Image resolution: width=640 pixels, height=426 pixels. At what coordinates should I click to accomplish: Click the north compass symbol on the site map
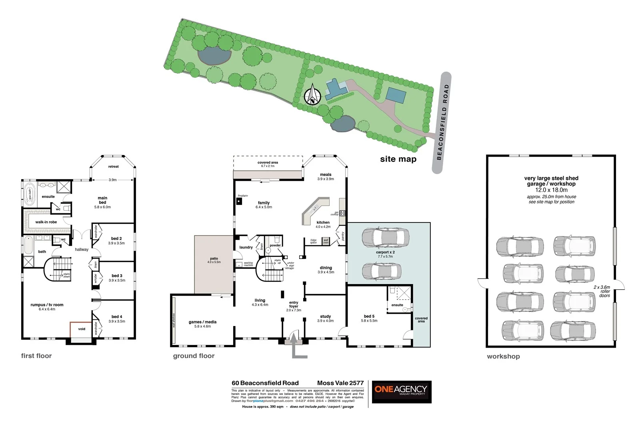click(312, 96)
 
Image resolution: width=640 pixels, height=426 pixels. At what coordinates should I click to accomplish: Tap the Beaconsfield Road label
click(442, 122)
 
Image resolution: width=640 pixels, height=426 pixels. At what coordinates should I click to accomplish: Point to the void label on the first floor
click(82, 329)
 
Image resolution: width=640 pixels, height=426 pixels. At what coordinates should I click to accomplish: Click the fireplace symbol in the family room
click(239, 201)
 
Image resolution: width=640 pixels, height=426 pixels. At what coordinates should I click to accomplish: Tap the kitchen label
click(323, 223)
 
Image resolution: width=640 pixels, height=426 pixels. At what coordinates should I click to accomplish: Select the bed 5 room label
click(369, 316)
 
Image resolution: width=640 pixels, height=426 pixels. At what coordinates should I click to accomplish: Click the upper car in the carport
click(385, 238)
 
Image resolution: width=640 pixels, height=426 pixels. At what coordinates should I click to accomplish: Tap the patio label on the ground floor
click(214, 259)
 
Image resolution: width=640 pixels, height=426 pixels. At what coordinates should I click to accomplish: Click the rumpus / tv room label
click(47, 305)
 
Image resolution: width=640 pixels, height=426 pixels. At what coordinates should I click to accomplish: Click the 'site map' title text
click(398, 159)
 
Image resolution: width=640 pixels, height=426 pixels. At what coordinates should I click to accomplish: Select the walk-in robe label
click(46, 222)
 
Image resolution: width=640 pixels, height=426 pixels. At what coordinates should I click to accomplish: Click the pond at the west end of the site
click(215, 56)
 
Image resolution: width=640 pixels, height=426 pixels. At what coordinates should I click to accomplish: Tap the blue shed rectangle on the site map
click(396, 96)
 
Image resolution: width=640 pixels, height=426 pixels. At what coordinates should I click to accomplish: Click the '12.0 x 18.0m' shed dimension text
click(551, 190)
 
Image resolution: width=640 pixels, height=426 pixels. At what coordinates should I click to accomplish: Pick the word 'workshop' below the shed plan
click(503, 356)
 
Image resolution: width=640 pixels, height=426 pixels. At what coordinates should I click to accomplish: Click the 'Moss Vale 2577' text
click(340, 383)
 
